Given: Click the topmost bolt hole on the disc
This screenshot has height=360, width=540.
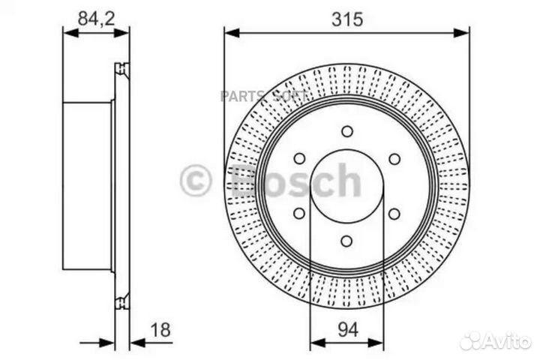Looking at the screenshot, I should tap(346, 132).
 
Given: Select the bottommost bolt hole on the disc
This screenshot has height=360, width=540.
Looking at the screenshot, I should tap(346, 241).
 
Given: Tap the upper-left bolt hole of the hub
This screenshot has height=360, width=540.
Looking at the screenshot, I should tap(299, 158).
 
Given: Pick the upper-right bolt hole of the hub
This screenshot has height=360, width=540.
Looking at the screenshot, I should tap(394, 158).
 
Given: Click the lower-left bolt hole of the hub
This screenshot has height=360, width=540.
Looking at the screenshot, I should tap(299, 214).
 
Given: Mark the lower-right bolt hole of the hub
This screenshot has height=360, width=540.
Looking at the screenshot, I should tap(394, 214).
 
